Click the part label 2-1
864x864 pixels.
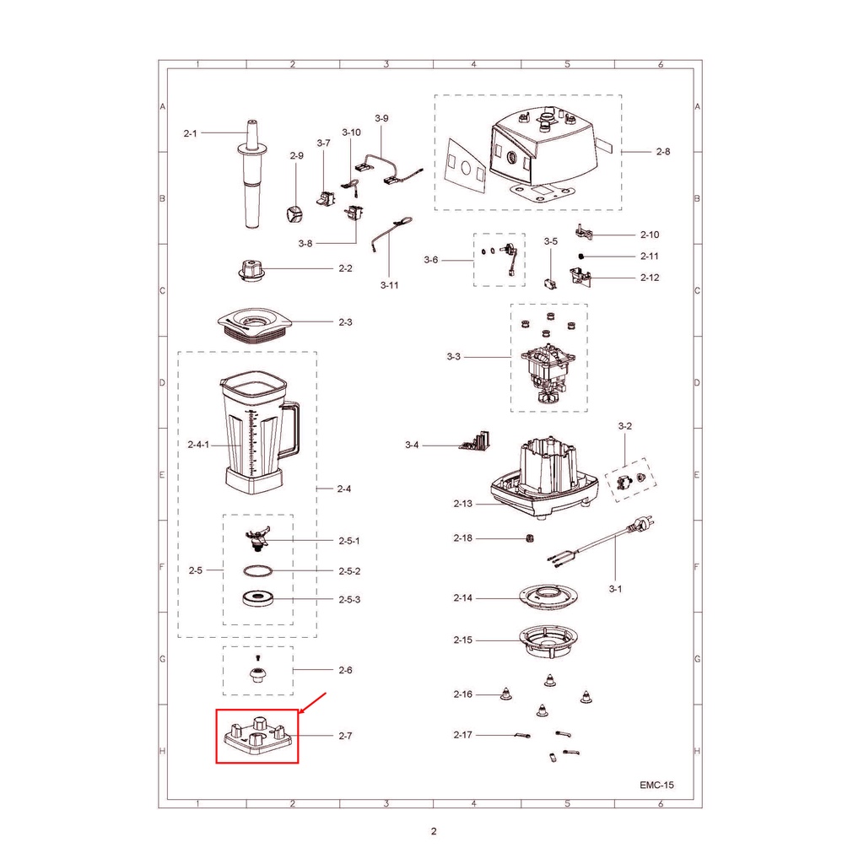(190, 133)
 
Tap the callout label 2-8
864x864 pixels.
(663, 152)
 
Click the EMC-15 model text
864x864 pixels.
(656, 785)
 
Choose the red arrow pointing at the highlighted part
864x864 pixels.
(312, 703)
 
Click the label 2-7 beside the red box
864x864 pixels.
(345, 736)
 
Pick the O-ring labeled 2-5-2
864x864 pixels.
(258, 571)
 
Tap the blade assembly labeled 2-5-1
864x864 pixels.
(257, 538)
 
